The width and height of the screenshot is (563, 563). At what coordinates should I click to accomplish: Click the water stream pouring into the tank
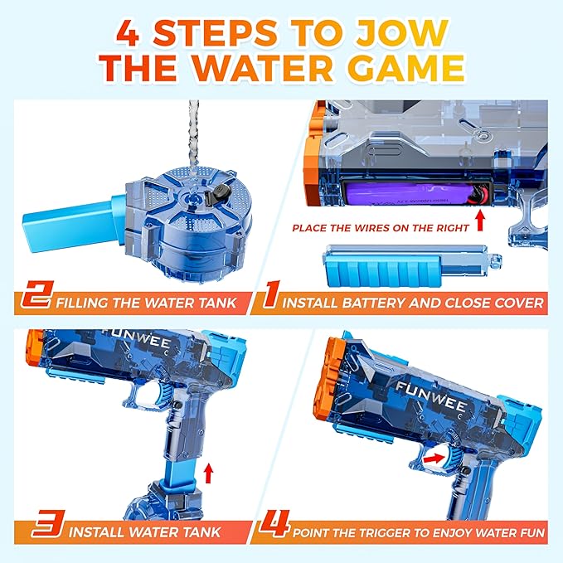[x=193, y=133]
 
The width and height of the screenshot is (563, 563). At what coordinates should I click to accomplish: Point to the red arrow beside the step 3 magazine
[x=209, y=473]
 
